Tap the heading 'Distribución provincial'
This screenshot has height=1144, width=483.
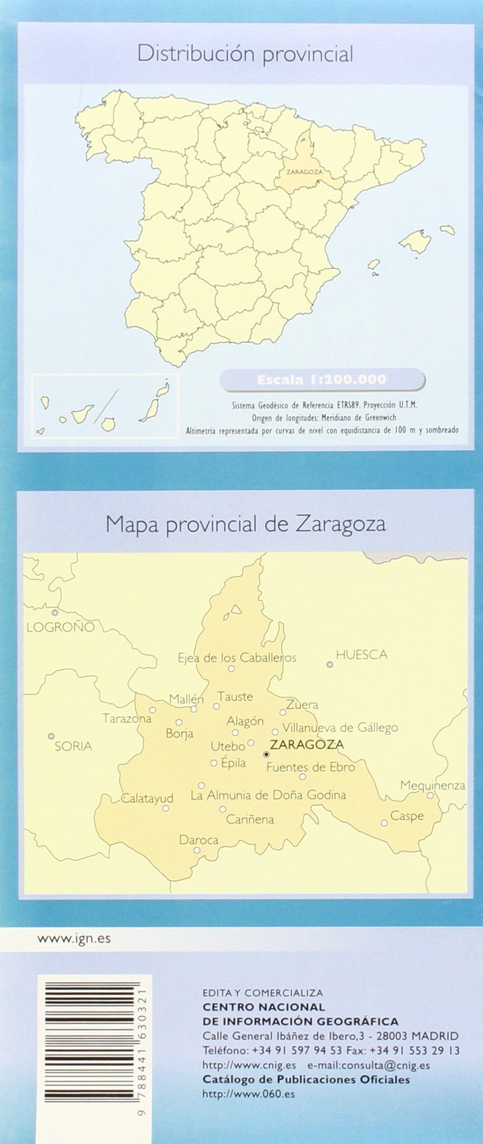(x=245, y=54)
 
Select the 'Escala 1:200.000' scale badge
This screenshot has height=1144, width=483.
(x=321, y=379)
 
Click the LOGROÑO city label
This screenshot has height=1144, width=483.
(x=61, y=627)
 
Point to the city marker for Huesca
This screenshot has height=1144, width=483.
(x=330, y=665)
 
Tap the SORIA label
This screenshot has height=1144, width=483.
(x=73, y=746)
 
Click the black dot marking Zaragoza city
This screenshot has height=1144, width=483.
(x=266, y=754)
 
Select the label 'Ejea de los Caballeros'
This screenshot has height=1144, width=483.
(x=237, y=658)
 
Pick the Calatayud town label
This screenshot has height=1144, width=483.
(x=147, y=799)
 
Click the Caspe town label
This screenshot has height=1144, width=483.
(x=407, y=816)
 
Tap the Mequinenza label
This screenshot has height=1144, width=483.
(x=433, y=785)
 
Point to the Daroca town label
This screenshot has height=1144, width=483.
(x=199, y=840)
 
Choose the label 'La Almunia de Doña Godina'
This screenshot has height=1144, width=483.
(x=269, y=795)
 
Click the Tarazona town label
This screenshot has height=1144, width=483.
(x=127, y=718)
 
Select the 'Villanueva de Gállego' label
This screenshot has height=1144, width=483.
(x=340, y=728)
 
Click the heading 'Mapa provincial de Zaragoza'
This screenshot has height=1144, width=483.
(x=245, y=524)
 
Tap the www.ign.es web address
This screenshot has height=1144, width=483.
(x=74, y=939)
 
